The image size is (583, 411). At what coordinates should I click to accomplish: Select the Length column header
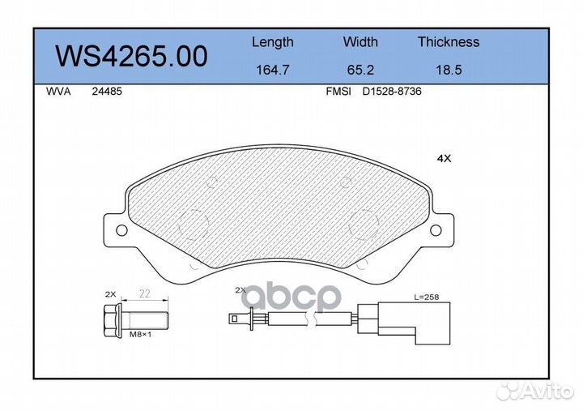272,42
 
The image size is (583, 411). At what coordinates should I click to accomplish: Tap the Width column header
360,42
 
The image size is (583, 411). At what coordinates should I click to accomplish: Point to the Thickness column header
448,42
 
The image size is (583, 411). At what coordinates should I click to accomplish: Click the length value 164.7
272,70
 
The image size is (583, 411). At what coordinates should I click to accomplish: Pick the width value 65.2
360,70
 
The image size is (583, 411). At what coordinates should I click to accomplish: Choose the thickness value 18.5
448,70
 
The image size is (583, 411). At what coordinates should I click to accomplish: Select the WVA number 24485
106,92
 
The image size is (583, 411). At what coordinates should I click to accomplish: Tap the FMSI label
338,92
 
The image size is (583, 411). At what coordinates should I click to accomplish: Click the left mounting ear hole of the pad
121,230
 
